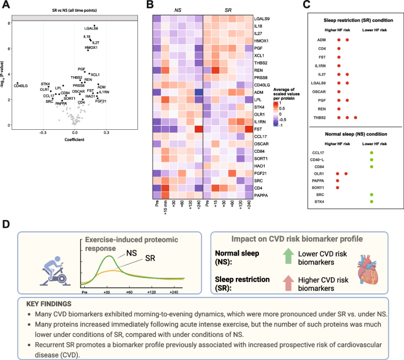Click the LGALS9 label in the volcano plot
click(91, 28)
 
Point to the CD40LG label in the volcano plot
click(21, 86)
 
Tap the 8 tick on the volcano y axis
click(8, 23)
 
